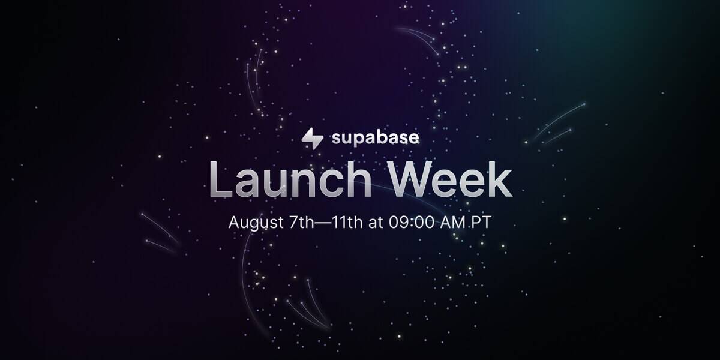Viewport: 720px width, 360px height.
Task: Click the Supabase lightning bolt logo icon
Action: pyautogui.click(x=312, y=138)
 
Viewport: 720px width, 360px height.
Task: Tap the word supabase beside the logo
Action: pyautogui.click(x=375, y=139)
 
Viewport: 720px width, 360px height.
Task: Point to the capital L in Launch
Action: pyautogui.click(x=220, y=179)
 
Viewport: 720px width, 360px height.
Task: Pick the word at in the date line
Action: pyautogui.click(x=376, y=222)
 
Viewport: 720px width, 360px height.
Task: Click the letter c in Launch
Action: pyautogui.click(x=327, y=183)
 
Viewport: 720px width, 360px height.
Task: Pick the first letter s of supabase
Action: pyautogui.click(x=336, y=140)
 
